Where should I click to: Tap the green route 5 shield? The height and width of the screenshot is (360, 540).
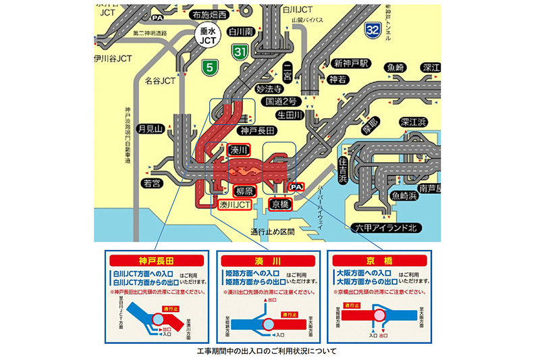coord(211,67)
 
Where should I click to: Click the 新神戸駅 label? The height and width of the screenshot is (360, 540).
coord(350,63)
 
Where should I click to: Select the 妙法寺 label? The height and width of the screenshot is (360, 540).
coord(268,88)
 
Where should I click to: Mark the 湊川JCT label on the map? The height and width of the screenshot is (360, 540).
coord(236,203)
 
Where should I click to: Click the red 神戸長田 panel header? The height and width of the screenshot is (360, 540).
coord(156,260)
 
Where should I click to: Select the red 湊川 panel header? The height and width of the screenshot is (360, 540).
coord(268,260)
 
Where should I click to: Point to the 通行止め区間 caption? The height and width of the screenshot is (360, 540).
coord(273,232)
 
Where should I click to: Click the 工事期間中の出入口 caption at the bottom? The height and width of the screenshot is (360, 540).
coord(270,351)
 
